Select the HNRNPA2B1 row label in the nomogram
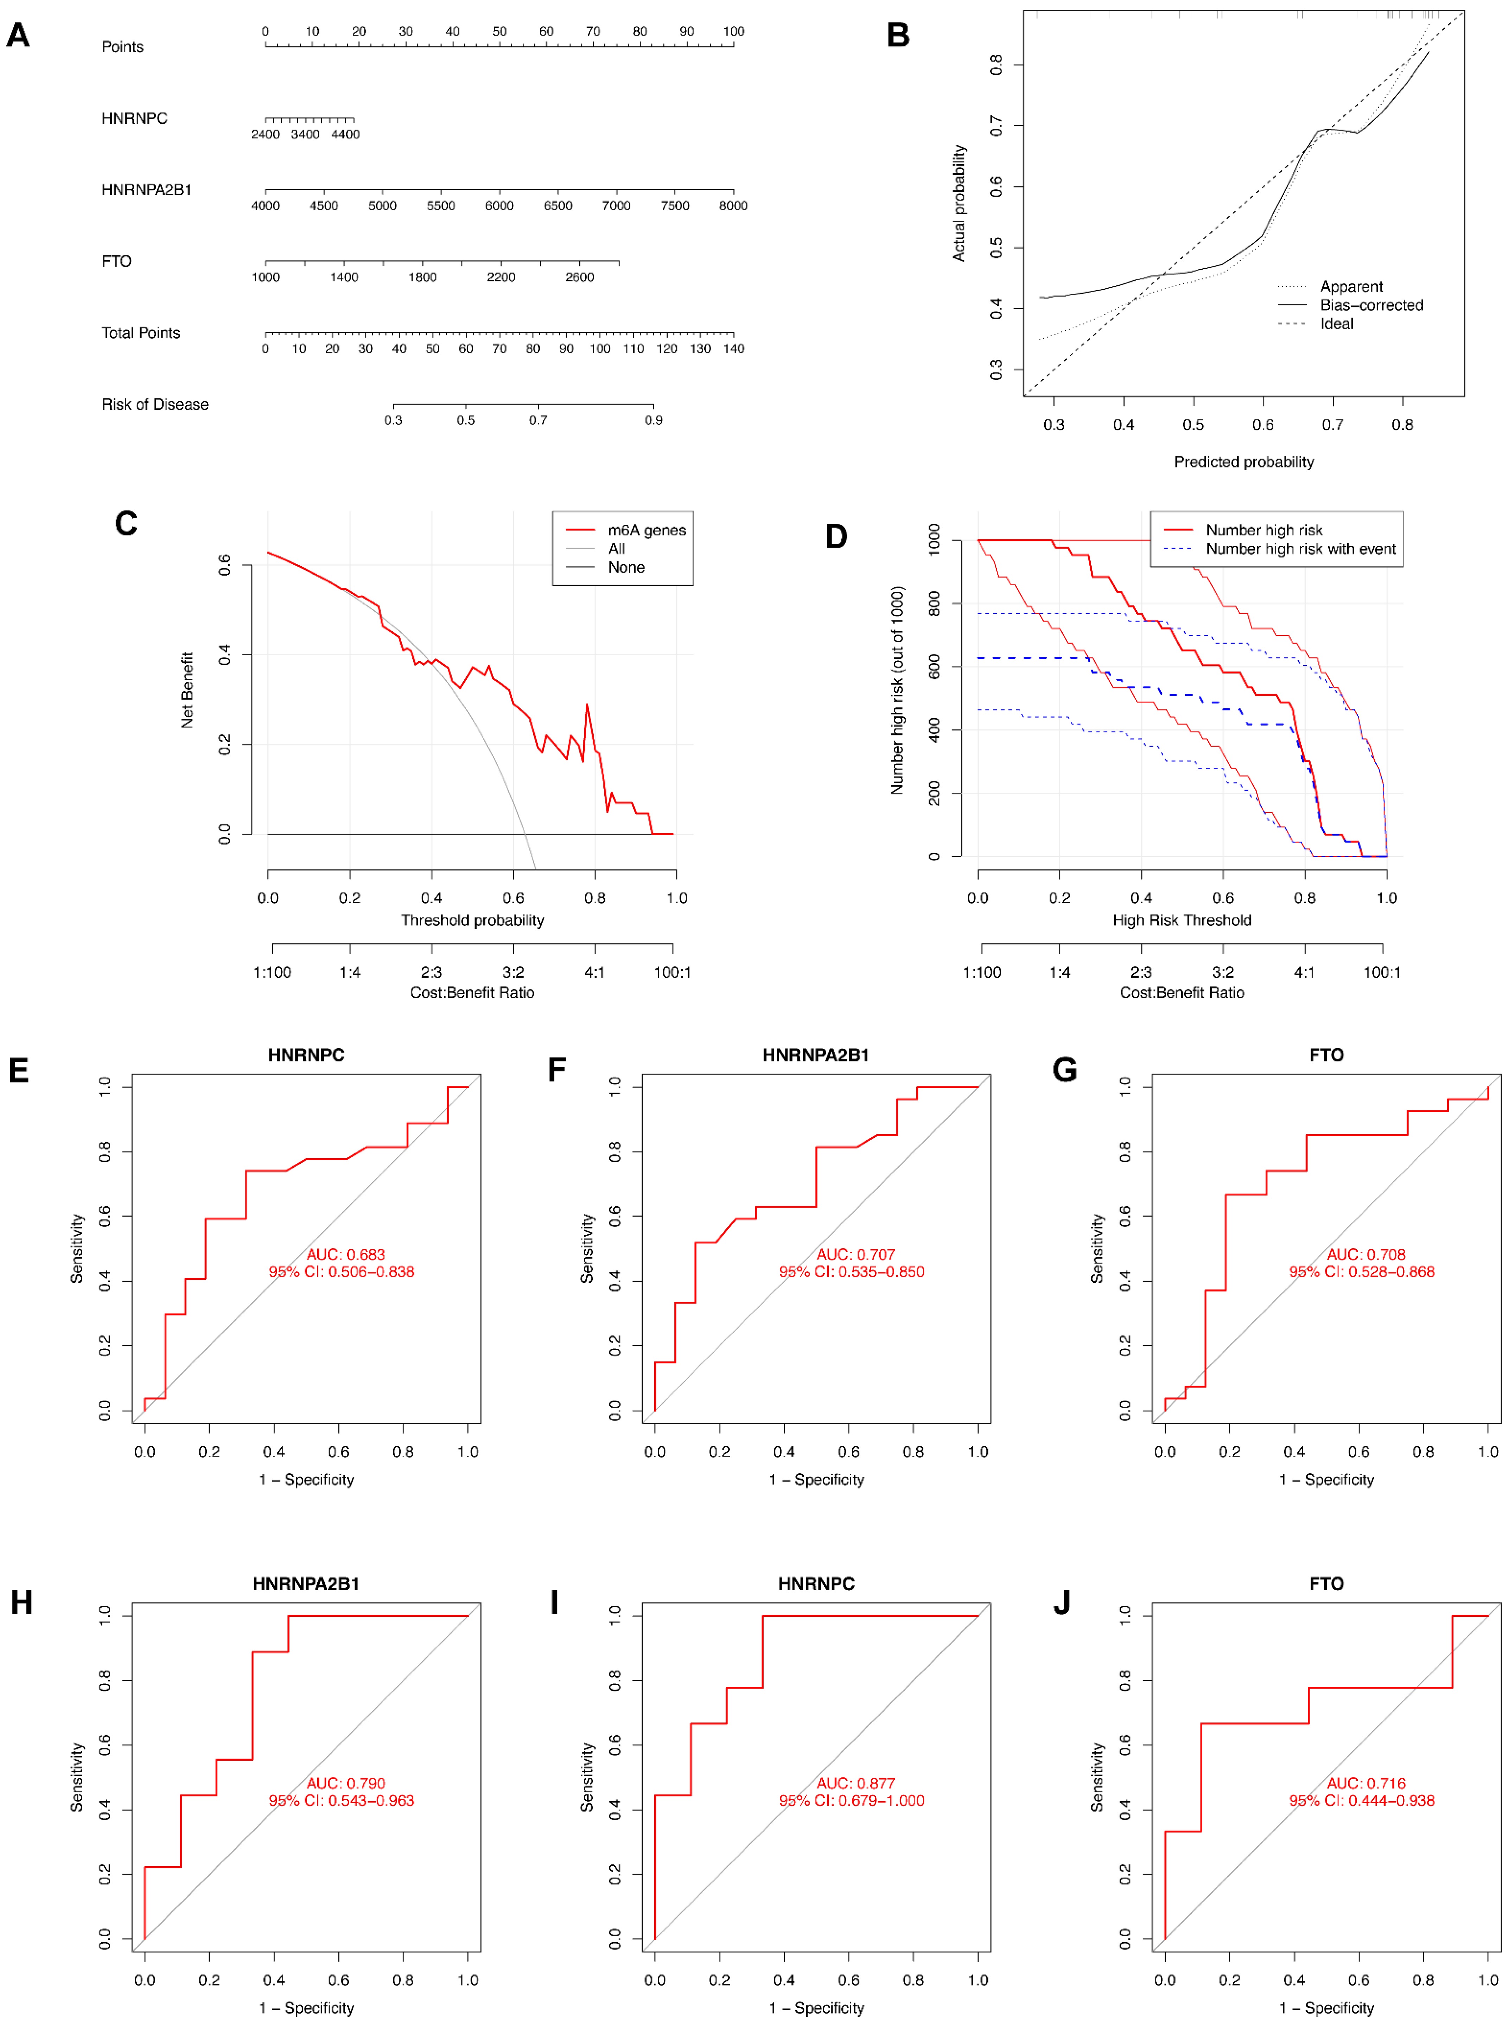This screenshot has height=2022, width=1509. (146, 190)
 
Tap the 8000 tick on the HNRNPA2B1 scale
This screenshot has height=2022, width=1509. (733, 205)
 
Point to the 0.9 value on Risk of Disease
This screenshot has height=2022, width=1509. (653, 420)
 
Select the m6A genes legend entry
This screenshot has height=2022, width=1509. (646, 530)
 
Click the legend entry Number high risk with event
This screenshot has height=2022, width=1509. (1300, 549)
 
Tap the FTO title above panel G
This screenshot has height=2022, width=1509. (1325, 1055)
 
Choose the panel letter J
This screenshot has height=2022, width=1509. (1062, 1603)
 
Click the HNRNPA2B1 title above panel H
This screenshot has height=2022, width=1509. (306, 1584)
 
